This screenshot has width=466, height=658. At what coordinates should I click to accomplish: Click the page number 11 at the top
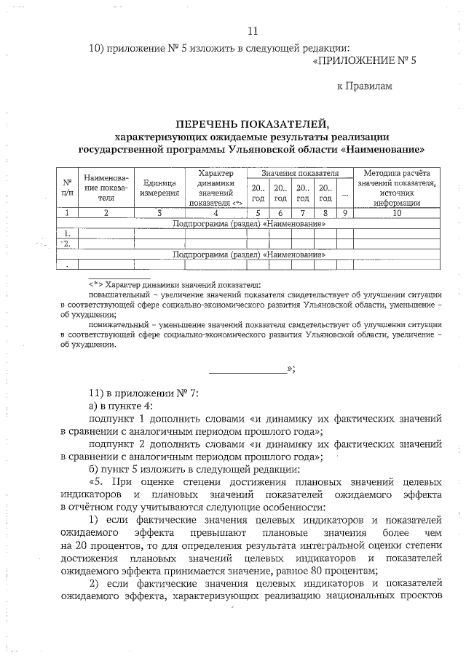(x=253, y=31)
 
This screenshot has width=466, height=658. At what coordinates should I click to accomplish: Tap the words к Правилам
(x=364, y=87)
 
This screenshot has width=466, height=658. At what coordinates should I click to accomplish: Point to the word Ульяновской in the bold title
(x=299, y=149)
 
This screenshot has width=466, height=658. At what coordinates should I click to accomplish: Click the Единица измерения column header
(x=159, y=188)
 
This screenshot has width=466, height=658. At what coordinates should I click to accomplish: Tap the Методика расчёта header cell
(x=397, y=188)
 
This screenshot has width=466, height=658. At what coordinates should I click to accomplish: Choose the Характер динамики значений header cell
(x=215, y=188)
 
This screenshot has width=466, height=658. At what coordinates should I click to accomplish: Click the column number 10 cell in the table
(x=397, y=213)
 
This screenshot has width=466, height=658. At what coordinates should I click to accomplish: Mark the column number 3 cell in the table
(x=159, y=213)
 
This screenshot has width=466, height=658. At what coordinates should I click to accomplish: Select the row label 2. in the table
(x=67, y=244)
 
